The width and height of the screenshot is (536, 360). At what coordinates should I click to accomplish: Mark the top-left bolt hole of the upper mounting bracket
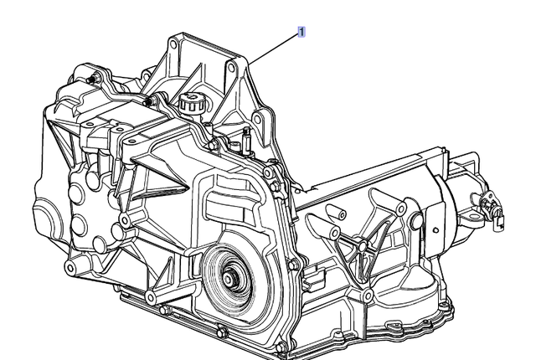click(x=177, y=40)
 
